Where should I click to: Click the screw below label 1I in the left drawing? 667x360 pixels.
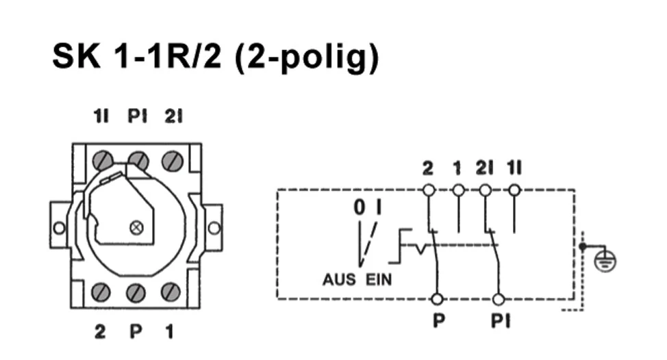[103, 161]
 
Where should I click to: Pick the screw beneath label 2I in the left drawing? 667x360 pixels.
[171, 161]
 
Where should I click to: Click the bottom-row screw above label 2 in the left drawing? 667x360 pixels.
[103, 293]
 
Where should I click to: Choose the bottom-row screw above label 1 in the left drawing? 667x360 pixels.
[171, 292]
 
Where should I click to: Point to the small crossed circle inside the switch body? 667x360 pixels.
[137, 227]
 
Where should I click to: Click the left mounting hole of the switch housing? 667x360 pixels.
[60, 227]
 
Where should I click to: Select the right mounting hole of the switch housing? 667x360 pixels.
[214, 227]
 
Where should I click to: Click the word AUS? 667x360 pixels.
[339, 280]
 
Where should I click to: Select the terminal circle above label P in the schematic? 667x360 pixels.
[438, 299]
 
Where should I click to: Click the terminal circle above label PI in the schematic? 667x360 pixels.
[499, 299]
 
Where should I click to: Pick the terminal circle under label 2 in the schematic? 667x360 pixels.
[429, 189]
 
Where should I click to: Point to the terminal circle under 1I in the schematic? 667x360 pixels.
[514, 189]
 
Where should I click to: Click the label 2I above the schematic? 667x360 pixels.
[486, 168]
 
